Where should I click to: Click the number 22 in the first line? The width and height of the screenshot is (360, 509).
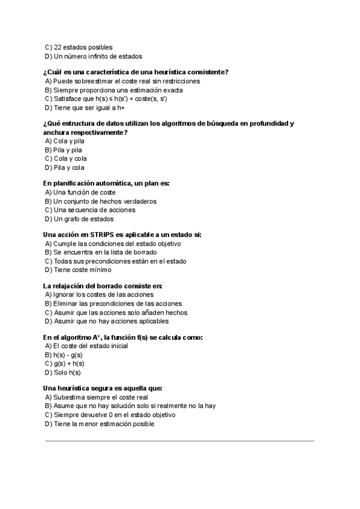click(x=58, y=47)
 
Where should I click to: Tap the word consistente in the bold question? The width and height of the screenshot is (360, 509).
click(x=207, y=72)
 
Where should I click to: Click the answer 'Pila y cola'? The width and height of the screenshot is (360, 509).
click(x=68, y=168)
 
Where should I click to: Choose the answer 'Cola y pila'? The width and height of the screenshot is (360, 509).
click(x=68, y=141)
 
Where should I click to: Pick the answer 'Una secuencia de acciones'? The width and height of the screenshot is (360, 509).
click(x=94, y=210)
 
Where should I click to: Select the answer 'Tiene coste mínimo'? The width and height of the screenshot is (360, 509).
click(x=82, y=270)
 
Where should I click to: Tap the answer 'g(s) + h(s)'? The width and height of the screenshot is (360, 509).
click(x=68, y=364)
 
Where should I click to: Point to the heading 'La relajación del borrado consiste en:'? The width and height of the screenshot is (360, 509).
click(x=103, y=286)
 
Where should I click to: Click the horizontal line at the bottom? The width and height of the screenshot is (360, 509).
click(x=180, y=441)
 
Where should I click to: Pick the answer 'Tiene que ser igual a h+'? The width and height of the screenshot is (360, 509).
click(x=89, y=108)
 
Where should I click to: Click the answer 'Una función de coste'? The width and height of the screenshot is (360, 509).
click(x=85, y=192)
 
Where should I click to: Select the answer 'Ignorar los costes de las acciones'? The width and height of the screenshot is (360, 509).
click(x=103, y=295)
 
